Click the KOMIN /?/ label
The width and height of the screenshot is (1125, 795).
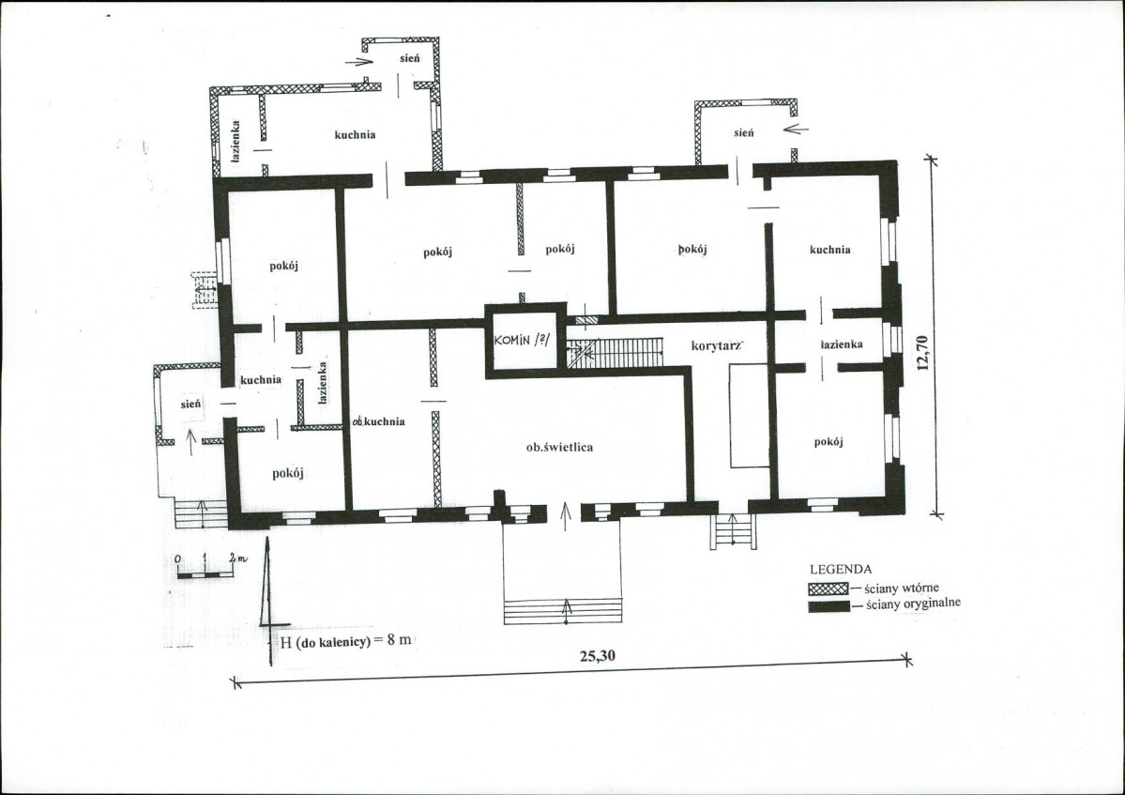coord(523,340)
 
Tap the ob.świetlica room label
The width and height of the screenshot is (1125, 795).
coord(559,447)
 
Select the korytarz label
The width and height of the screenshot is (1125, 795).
coord(716,345)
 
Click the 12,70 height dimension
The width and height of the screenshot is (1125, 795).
coord(922,352)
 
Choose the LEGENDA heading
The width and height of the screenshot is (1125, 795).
coord(841,569)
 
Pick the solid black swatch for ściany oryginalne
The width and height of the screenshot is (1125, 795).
coord(829,607)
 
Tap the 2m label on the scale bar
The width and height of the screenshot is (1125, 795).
coord(237,557)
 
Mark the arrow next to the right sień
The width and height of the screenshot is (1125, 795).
coord(797,130)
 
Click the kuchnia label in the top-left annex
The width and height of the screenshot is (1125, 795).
coord(356,134)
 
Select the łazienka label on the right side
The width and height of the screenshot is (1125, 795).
coord(842,344)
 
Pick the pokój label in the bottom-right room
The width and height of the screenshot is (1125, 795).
coord(829,442)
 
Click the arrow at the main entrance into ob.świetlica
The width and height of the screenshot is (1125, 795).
coord(566,516)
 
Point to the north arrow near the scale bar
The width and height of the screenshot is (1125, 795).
coord(268,602)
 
